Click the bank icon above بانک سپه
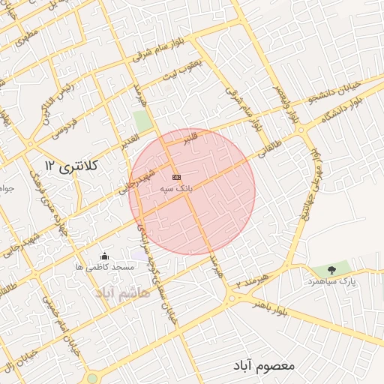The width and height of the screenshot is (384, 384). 176,177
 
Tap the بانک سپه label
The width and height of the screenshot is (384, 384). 175,190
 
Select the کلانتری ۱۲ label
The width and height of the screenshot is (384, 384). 72,164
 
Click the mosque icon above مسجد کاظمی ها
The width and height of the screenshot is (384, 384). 103,256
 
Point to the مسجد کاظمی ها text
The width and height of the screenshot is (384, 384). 104,267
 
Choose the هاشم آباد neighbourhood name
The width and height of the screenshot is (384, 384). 123,291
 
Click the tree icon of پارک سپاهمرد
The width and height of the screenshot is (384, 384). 328,269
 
